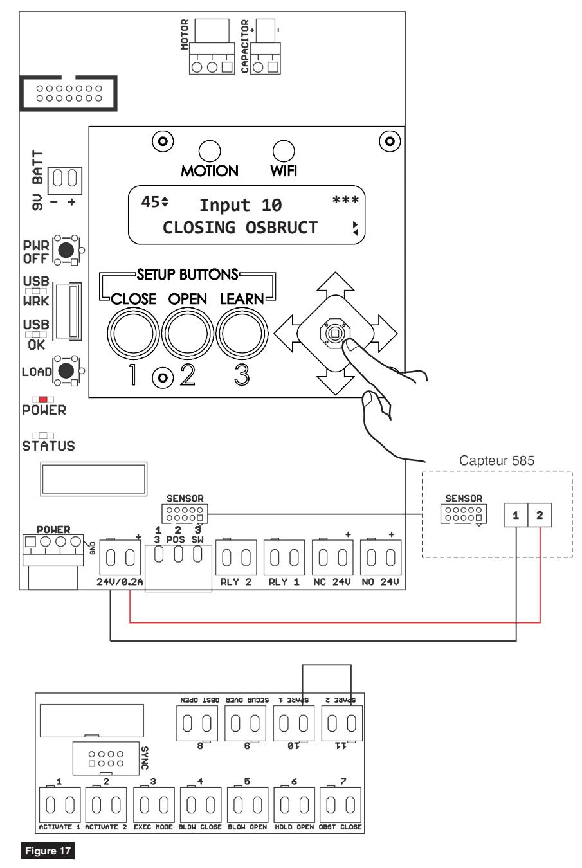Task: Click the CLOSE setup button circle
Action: coord(133,333)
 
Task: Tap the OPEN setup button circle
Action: coord(188,333)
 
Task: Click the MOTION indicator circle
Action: coord(210,151)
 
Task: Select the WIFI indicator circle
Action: coord(284,151)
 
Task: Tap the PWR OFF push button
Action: coord(66,250)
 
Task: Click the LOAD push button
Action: coord(66,371)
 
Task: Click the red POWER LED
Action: coord(43,399)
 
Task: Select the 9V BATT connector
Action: coord(65,180)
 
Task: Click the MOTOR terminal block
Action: coord(212,58)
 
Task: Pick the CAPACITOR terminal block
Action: coord(266,58)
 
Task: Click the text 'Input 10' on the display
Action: coord(241,205)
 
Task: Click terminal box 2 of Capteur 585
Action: coord(540,515)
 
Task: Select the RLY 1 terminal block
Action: coord(284,557)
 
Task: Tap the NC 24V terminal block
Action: coord(332,557)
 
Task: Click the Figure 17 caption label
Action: coord(48,851)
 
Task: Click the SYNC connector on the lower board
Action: coord(105,759)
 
